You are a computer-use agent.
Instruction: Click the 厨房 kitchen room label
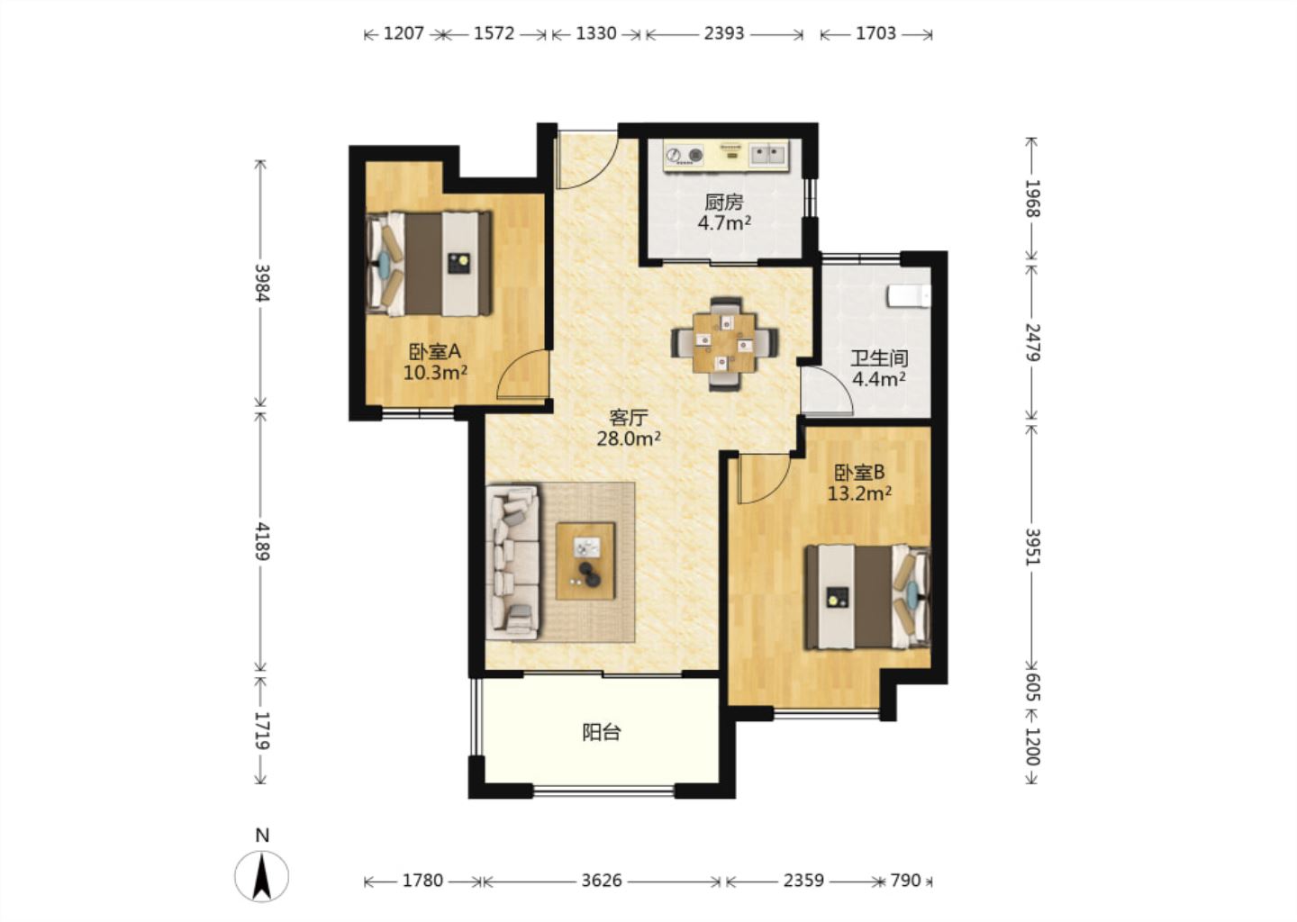coord(724,202)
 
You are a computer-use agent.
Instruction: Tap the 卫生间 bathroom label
coord(879,359)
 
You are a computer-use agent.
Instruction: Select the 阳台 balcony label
coord(602,733)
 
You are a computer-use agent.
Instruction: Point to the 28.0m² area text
coord(629,438)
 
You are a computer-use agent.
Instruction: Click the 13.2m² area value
coord(859,493)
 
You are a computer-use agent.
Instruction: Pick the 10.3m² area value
coord(435,372)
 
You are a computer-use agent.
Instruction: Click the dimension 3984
coord(262,283)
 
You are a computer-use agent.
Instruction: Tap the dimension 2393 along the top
coord(724,33)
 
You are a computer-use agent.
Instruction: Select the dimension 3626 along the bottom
coord(602,881)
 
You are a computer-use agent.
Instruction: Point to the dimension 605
coord(1032,686)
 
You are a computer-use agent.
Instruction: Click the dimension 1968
coord(1032,198)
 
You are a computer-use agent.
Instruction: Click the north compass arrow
coord(262,876)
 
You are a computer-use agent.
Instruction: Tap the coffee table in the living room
coord(585,561)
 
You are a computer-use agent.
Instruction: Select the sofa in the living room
coord(513,563)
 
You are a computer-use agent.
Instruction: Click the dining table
coord(725,343)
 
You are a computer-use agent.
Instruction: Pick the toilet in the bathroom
coord(909,295)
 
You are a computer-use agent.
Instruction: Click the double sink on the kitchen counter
coord(767,155)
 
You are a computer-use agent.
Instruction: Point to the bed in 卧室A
coord(429,264)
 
